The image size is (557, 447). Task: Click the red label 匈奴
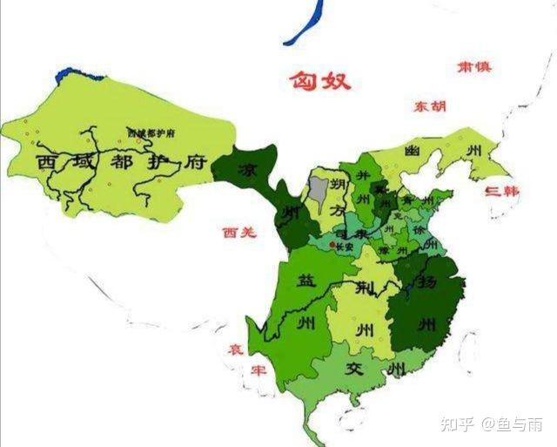point(321,81)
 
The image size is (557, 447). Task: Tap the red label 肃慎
point(475,68)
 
